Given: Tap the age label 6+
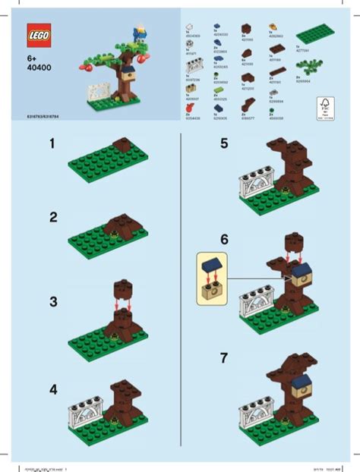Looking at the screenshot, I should [x=31, y=57].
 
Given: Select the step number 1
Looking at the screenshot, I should [x=52, y=143].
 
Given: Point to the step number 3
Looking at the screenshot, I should [x=52, y=301].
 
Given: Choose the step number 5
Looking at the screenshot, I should [x=223, y=143].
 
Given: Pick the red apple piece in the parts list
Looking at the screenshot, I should [x=190, y=111].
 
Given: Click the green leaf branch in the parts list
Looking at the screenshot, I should [x=311, y=87].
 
